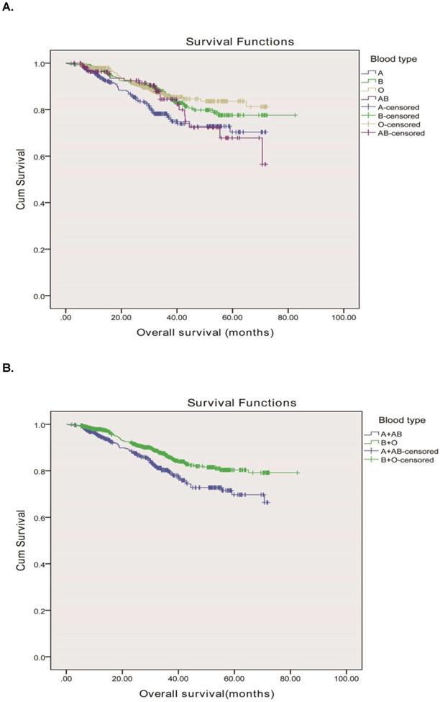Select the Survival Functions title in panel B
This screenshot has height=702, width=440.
point(242,403)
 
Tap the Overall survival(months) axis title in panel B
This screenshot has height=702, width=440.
point(206,693)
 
